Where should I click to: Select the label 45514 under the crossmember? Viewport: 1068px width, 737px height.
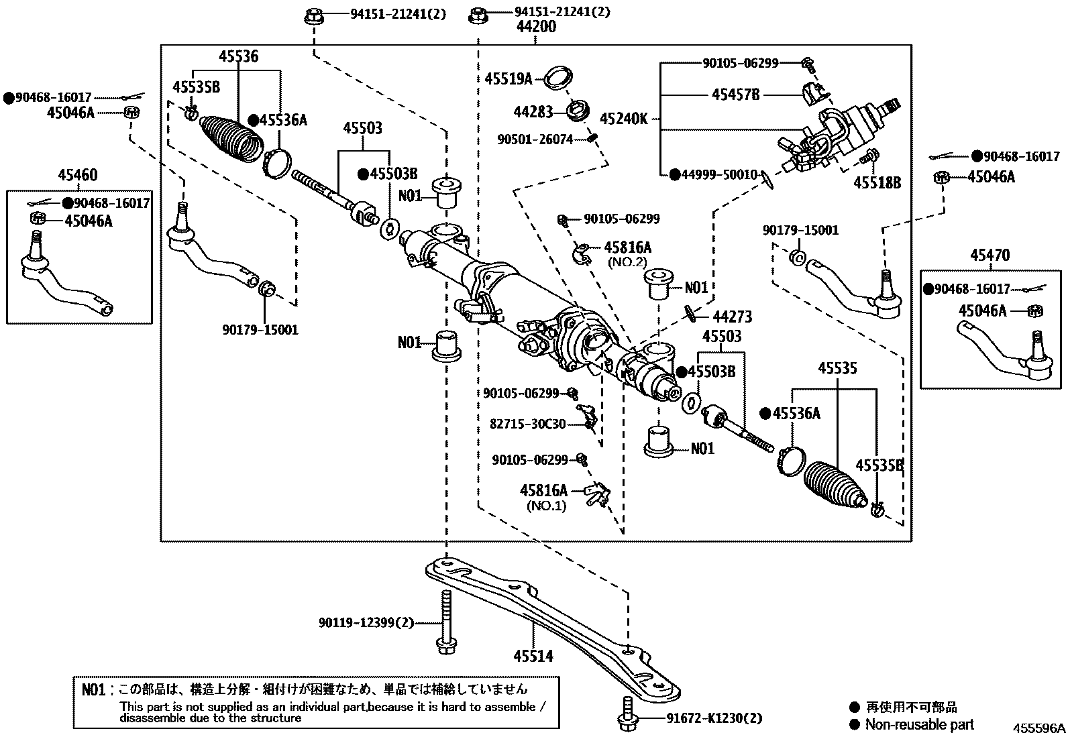[x=533, y=655]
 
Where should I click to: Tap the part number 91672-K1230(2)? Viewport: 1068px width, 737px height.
[x=714, y=719]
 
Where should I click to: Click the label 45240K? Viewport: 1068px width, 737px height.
[x=623, y=119]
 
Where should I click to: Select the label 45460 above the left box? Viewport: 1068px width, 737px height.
[x=77, y=176]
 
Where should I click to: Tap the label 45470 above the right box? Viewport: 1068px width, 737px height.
[x=990, y=256]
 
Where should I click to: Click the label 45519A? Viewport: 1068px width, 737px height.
[x=508, y=79]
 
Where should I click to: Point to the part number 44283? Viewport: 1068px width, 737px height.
[x=533, y=112]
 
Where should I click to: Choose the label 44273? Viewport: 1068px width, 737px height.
[x=732, y=317]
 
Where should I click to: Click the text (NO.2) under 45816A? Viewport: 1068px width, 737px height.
[x=627, y=263]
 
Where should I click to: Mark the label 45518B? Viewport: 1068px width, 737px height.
[x=877, y=182]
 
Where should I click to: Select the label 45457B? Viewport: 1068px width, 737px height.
[x=735, y=95]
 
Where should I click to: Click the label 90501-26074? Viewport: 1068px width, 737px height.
[x=535, y=139]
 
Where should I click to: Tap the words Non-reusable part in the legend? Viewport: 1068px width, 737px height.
[x=919, y=724]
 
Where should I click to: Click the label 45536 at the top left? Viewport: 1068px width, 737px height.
[x=237, y=56]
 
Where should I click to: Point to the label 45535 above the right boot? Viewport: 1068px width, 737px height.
[x=837, y=369]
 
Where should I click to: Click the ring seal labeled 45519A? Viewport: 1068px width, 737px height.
[x=555, y=77]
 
